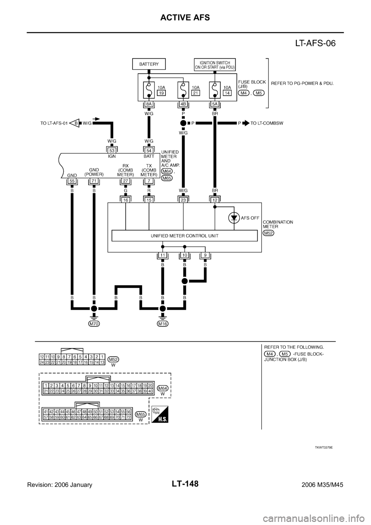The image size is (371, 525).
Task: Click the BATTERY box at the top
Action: (149, 64)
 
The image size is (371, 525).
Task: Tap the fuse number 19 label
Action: (162, 93)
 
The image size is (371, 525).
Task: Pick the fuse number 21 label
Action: (196, 93)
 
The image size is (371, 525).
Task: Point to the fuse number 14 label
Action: (227, 93)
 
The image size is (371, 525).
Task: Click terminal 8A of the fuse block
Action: (149, 104)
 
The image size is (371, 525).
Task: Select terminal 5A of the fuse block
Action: (215, 104)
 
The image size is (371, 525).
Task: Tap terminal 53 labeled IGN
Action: (112, 150)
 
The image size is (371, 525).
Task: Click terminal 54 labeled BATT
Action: (149, 150)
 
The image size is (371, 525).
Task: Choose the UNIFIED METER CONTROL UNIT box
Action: (184, 236)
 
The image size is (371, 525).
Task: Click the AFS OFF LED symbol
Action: (233, 218)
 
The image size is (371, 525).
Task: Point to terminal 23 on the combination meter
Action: (183, 199)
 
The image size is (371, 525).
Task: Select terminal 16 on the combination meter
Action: (126, 199)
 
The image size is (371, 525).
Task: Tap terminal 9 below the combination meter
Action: (205, 256)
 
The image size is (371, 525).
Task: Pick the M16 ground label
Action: (163, 324)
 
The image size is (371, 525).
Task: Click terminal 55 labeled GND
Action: (72, 181)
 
